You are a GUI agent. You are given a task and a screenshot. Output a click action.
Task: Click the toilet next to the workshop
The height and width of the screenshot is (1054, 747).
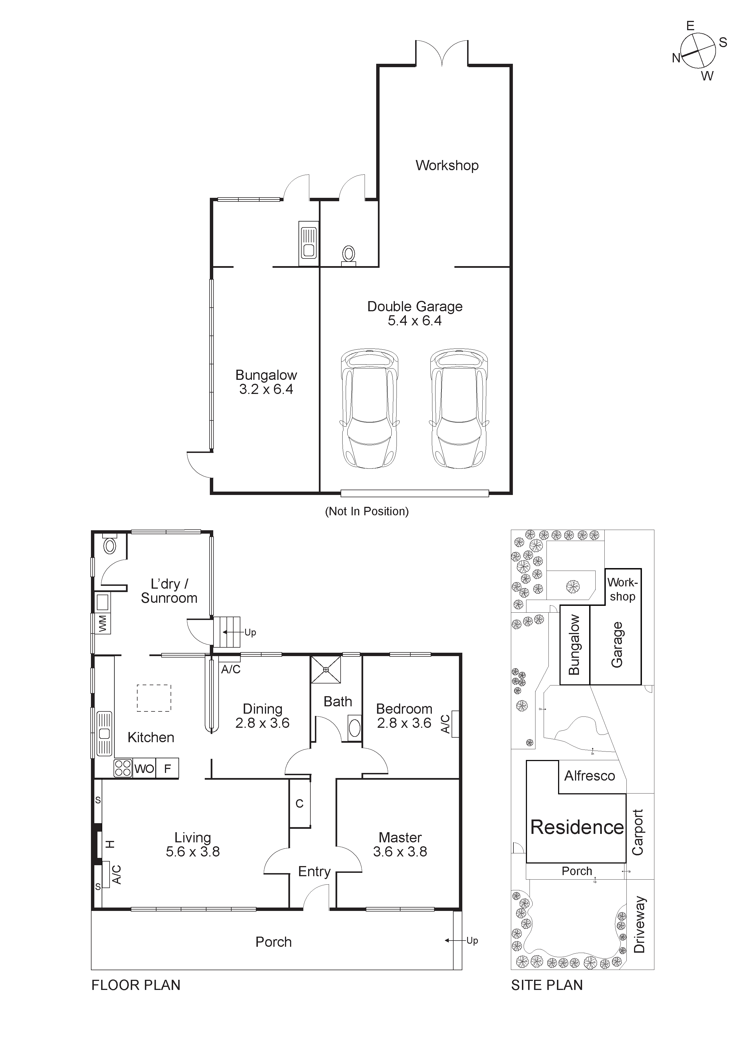(x=349, y=254)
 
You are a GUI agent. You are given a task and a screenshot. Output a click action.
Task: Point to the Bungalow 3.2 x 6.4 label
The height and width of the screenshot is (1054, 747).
(x=266, y=382)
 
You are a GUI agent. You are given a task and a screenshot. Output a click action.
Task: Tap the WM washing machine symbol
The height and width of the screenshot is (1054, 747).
(x=103, y=624)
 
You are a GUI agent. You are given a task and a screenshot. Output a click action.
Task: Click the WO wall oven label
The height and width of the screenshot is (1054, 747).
(x=144, y=768)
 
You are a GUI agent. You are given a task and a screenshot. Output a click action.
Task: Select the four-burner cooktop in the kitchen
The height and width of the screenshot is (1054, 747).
(x=123, y=768)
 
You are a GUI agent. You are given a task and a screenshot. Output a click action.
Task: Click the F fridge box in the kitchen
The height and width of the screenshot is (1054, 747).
(x=167, y=768)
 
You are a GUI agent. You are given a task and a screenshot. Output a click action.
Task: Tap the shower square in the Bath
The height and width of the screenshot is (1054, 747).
(x=326, y=670)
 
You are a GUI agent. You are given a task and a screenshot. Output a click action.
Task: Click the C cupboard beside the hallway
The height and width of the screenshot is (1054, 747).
(x=299, y=803)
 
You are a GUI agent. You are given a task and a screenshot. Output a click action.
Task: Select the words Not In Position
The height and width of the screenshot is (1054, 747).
(x=367, y=511)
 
